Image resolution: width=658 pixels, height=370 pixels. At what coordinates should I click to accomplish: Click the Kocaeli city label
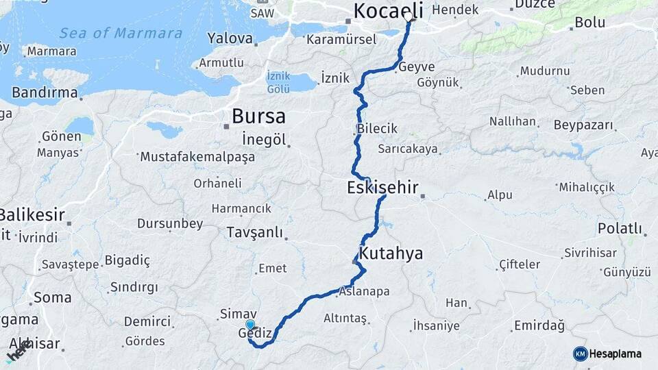click(x=388, y=10)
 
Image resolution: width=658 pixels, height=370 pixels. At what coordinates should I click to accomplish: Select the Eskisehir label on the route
click(x=382, y=187)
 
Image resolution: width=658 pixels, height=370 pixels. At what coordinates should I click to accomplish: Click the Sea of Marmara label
click(x=121, y=33)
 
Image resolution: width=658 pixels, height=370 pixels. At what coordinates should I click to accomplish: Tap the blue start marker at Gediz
click(x=250, y=325)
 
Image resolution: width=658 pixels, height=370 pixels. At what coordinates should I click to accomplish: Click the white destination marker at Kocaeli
click(x=409, y=16)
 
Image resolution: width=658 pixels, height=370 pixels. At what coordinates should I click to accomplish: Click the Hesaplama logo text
click(x=616, y=354)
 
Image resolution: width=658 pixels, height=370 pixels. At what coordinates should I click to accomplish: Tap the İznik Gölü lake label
click(x=279, y=82)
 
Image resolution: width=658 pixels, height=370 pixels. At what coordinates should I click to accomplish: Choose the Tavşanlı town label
click(x=254, y=232)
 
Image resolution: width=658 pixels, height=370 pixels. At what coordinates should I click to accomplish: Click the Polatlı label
click(x=620, y=228)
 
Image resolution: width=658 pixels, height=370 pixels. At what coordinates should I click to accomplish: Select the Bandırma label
click(x=45, y=92)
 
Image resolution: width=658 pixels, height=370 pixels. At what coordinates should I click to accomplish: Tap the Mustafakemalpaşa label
click(x=197, y=157)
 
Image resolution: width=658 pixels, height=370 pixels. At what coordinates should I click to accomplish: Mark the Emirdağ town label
click(x=541, y=325)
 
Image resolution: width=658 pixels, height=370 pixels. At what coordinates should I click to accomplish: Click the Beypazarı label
click(x=585, y=125)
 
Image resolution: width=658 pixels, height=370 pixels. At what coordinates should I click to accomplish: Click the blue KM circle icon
click(x=581, y=354)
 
